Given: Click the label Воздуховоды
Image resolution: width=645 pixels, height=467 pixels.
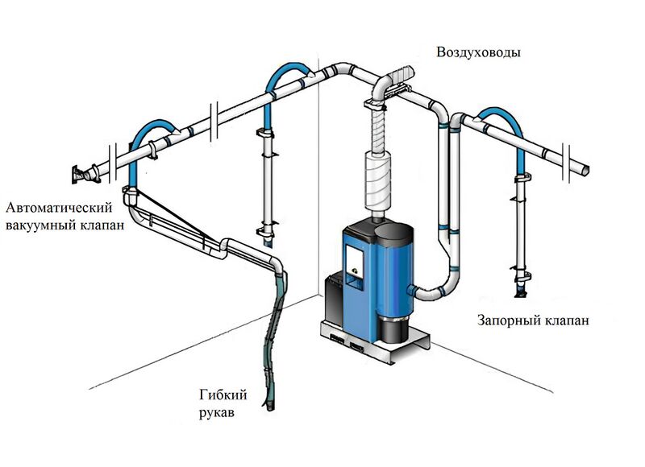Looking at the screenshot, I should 478,52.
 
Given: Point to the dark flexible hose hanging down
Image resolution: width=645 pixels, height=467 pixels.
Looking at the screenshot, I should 274,338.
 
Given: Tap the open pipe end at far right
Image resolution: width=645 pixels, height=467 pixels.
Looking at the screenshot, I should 585,168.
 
